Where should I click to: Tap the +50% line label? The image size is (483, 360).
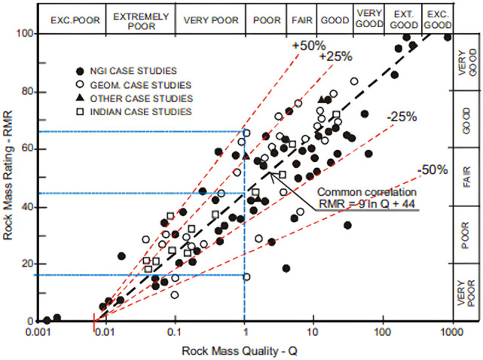(304, 44)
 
